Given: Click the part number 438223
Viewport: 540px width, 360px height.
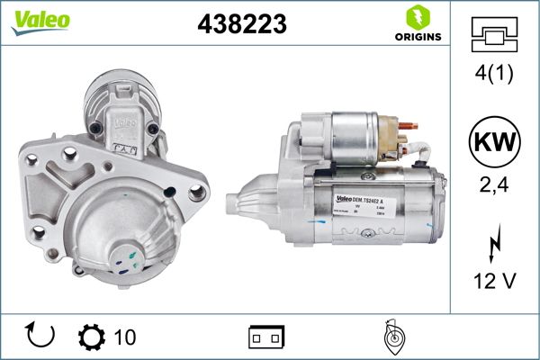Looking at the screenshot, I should (x=240, y=24).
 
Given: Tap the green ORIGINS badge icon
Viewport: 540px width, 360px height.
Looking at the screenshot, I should (x=416, y=17).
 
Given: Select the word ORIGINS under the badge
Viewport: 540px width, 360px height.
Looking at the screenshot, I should (x=416, y=38).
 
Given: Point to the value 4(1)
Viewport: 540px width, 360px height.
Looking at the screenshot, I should (x=495, y=74).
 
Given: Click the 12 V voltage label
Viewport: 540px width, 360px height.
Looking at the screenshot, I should (x=495, y=282).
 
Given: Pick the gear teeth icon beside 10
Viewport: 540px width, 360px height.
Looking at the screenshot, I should (x=92, y=337).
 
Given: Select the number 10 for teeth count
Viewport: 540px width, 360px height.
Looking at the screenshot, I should (x=125, y=337).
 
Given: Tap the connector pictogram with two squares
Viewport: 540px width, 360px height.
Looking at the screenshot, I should (x=266, y=337).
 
